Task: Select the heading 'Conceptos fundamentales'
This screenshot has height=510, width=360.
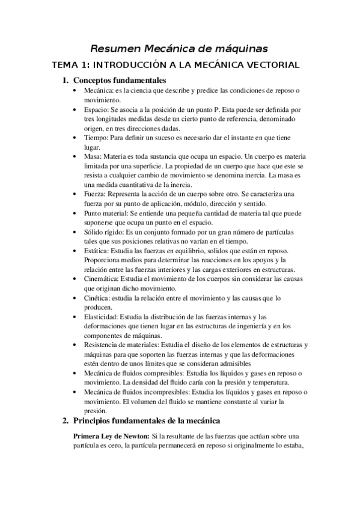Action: point(119,81)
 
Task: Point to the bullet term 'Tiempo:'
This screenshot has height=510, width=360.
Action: point(96,137)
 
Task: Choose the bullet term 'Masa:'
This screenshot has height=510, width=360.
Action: point(94,156)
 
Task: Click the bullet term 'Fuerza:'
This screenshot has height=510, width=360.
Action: point(96,194)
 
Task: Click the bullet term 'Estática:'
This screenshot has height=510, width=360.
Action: point(97,250)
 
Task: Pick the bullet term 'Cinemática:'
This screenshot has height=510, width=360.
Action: point(102,279)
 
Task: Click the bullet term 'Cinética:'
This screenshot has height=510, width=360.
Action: point(97,298)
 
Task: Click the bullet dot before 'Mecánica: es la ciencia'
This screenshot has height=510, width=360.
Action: point(73,90)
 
